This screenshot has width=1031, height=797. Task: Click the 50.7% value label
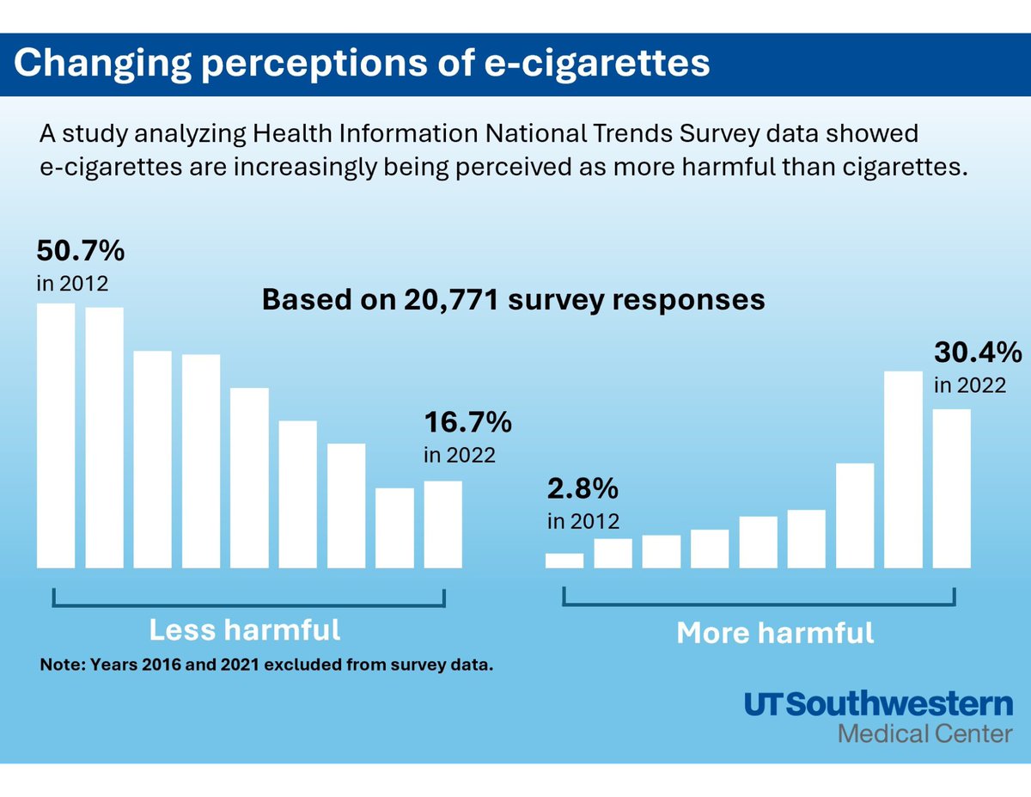81,252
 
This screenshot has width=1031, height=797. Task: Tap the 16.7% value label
467,423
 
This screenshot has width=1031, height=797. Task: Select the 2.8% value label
583,489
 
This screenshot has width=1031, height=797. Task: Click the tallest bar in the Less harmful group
56,435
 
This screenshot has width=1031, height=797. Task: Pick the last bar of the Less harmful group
442,524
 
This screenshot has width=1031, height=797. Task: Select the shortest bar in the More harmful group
564,560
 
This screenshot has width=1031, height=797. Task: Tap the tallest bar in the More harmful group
903,469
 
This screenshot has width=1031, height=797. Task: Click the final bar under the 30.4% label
952,487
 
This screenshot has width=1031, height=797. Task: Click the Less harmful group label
245,630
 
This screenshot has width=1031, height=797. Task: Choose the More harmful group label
775,634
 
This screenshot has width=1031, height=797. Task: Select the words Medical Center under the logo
924,734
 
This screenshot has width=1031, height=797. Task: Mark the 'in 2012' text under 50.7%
72,283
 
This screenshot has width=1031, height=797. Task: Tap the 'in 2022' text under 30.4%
969,385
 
